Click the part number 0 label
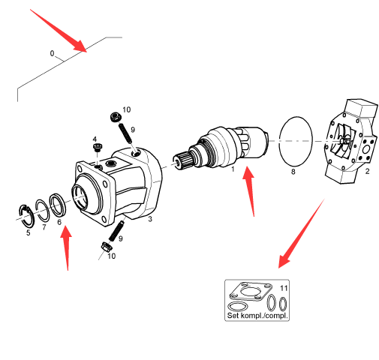pos(52,53)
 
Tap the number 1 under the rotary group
pos(233,169)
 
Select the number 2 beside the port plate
pos(367,172)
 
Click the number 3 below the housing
pos(150,219)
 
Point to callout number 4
pos(95,139)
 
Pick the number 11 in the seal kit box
pos(284,288)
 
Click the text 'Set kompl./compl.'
pos(257,315)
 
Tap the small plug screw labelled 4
pos(97,147)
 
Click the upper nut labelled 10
pos(116,117)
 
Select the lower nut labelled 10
pos(106,247)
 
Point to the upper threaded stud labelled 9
pos(125,133)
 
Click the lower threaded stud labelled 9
pos(116,231)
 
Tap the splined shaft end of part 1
pos(182,160)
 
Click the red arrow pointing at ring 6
pos(66,248)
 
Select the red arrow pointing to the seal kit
pos(302,233)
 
